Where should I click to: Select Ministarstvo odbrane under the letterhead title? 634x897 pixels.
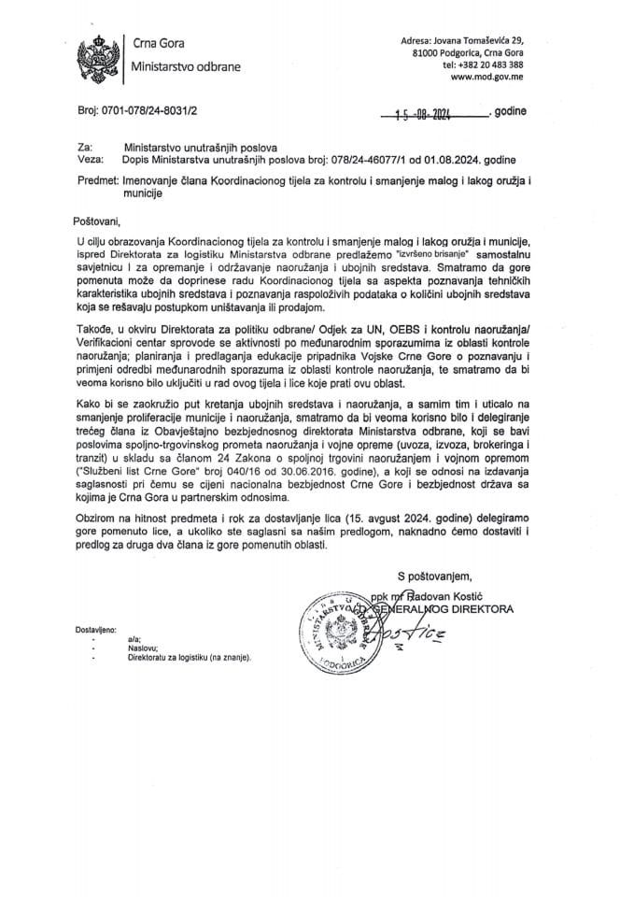[x=185, y=68]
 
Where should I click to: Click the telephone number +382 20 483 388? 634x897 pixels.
[x=483, y=65]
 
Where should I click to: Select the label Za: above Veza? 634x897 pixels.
[x=82, y=148]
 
